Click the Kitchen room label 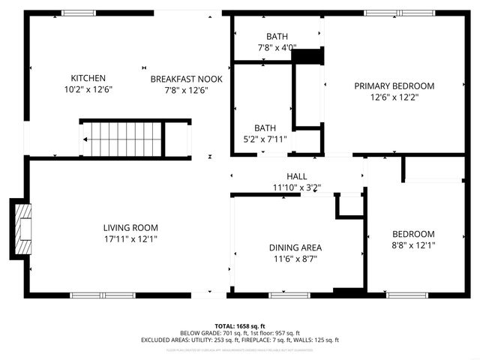[88, 78]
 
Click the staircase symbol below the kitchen [123, 138]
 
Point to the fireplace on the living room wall [20, 229]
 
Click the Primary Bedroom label [394, 85]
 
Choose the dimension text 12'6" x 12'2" [394, 97]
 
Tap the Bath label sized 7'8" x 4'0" [277, 37]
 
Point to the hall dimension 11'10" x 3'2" [295, 187]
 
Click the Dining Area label [295, 247]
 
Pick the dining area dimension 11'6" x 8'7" [295, 259]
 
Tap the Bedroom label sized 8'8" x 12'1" [412, 234]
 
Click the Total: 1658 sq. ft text [239, 326]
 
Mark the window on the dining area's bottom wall [289, 295]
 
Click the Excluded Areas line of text [239, 340]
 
